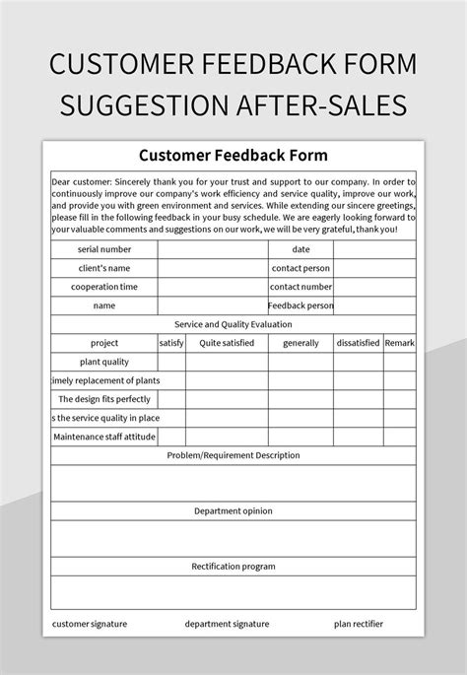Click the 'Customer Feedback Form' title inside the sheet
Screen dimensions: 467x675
(x=233, y=155)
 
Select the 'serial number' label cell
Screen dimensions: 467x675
(x=104, y=249)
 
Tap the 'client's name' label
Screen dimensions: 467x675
(x=104, y=268)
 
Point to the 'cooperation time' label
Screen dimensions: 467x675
(x=104, y=287)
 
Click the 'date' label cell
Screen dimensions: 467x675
(x=300, y=249)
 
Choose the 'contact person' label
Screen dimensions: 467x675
(x=300, y=268)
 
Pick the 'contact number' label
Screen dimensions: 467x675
(x=300, y=287)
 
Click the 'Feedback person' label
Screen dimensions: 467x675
(x=300, y=305)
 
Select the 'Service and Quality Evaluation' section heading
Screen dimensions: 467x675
(x=233, y=324)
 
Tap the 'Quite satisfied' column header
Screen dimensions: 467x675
(x=227, y=343)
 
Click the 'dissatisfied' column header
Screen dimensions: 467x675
(x=358, y=343)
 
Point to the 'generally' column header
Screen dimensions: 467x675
(x=300, y=343)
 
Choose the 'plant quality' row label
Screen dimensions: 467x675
(x=104, y=362)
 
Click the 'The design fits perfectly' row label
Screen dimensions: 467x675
(x=104, y=399)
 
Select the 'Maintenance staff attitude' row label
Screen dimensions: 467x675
(x=104, y=437)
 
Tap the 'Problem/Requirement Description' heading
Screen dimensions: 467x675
(x=233, y=455)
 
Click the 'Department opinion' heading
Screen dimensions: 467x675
(x=233, y=511)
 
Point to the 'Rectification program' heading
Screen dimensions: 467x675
(x=233, y=567)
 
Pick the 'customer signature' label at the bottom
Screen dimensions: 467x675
(x=90, y=624)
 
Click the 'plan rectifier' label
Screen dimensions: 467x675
(x=359, y=624)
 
